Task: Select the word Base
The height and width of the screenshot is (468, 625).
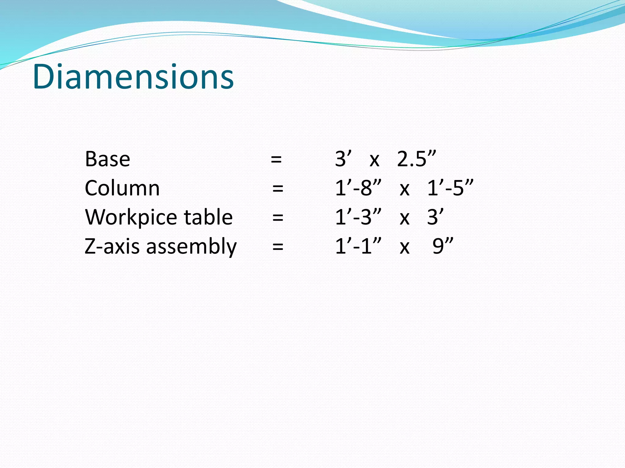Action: (107, 159)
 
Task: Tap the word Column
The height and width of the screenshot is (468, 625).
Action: (122, 188)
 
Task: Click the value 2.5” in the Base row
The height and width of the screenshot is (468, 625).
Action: (416, 159)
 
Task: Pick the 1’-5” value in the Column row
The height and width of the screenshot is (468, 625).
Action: (450, 188)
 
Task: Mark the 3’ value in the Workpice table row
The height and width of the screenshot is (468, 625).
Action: (435, 217)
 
